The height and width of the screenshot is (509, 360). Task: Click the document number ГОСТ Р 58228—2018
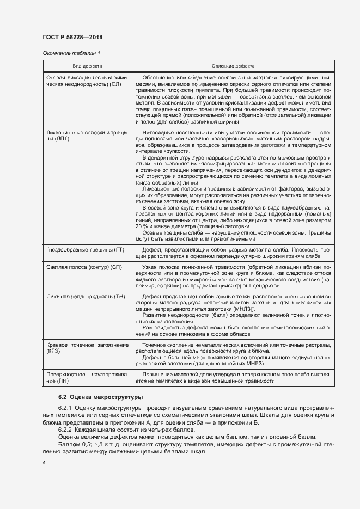tap(72, 37)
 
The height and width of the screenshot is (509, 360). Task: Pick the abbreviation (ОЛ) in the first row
tap(115, 85)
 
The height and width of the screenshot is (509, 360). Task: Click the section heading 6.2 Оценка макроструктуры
tap(93, 396)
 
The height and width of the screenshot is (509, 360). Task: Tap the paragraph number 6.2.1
tap(65, 408)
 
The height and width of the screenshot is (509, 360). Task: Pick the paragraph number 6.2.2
tap(65, 429)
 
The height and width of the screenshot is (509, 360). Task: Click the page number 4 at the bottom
tap(44, 462)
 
